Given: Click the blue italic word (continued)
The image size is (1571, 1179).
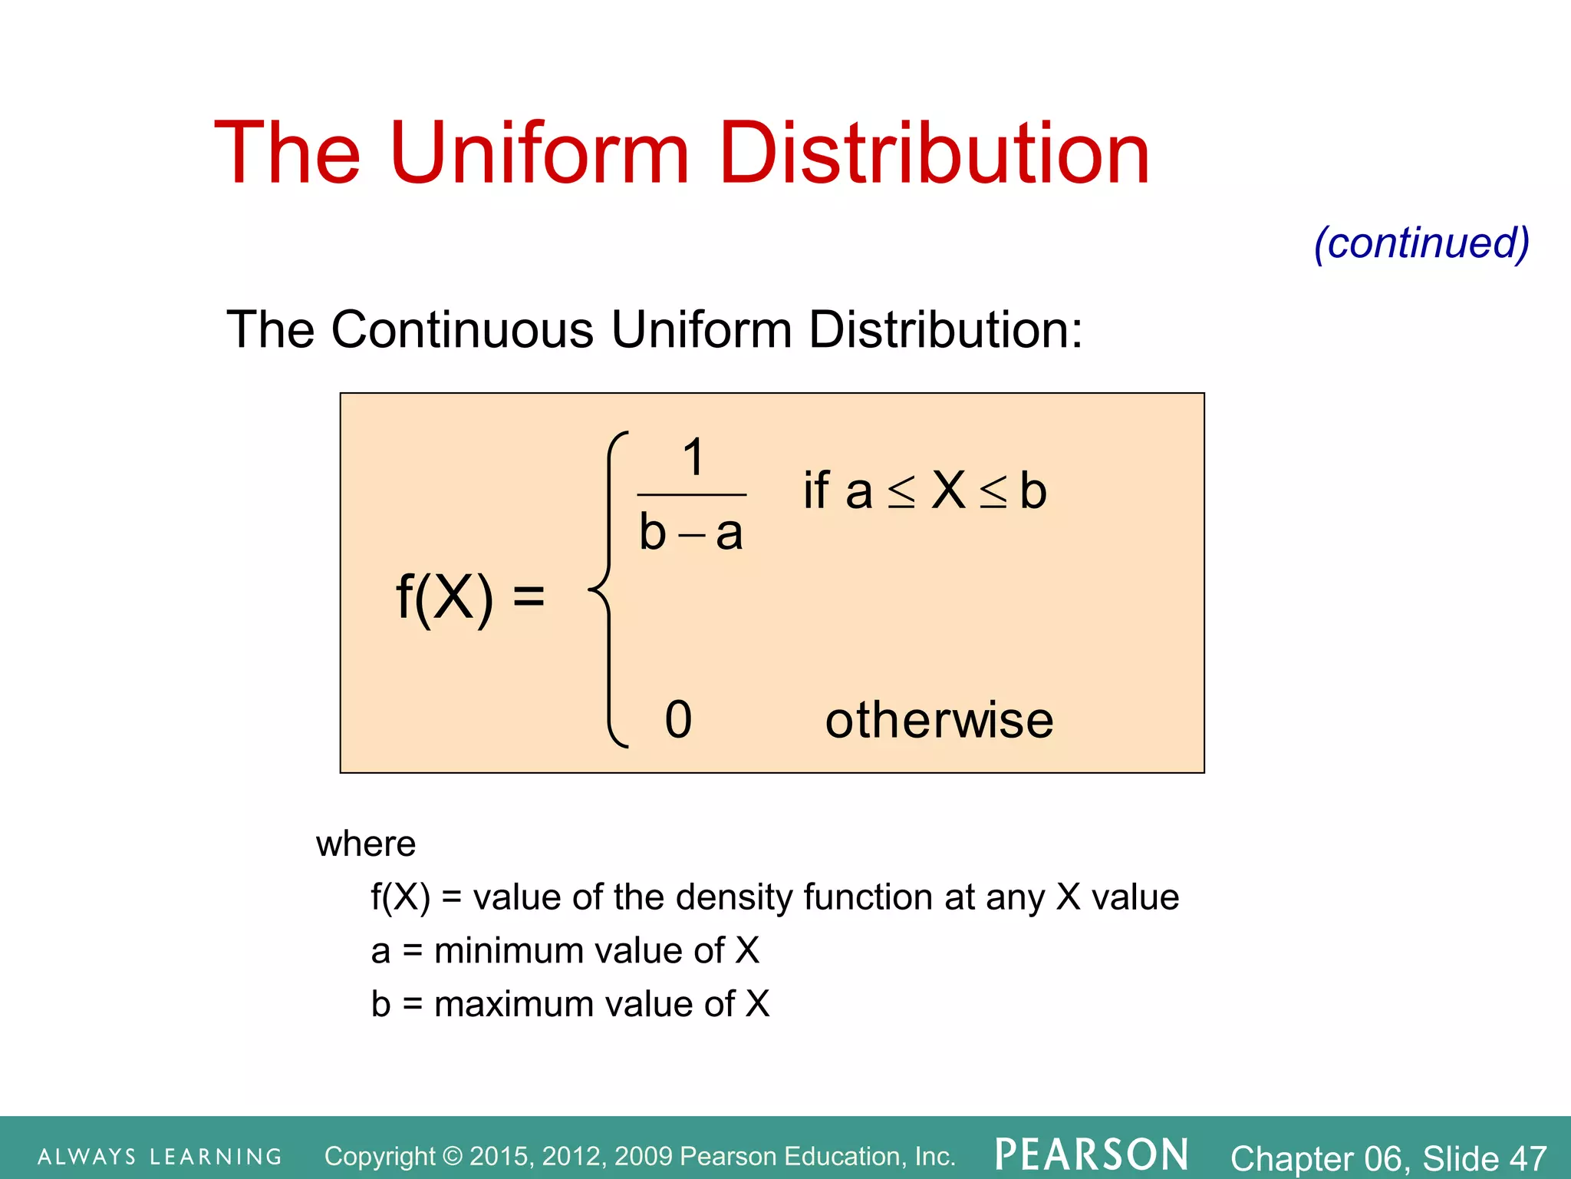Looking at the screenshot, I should pos(1421,243).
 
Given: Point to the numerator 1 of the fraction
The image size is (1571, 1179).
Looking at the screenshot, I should pos(693,457).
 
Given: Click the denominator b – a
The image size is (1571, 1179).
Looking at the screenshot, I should pos(691,533).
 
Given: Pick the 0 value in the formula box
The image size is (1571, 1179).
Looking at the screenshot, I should pos(678,720).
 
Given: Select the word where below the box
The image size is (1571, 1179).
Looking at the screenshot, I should pos(366,844).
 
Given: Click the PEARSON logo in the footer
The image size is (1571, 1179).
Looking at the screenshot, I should pos(1092,1154).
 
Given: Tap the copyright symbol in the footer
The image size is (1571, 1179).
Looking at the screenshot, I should pos(453,1156).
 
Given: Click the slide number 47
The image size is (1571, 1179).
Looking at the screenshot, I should pos(1528,1158).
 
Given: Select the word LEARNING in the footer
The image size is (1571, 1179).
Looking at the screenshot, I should pos(216,1157).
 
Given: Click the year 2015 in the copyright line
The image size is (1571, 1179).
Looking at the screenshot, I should pos(499,1156).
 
